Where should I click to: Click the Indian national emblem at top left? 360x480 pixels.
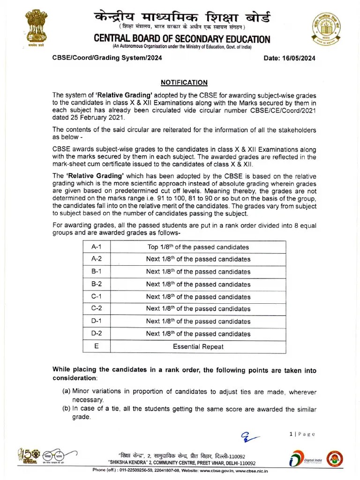36,29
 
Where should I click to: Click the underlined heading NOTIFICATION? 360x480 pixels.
184,82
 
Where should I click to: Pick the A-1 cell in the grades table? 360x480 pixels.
96,247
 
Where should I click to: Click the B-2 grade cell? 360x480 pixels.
96,284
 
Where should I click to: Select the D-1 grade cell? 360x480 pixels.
96,321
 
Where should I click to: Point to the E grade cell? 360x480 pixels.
96,346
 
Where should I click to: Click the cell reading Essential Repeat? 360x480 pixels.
198,347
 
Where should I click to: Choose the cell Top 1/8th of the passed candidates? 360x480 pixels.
198,247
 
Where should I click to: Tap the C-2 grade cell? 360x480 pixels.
96,309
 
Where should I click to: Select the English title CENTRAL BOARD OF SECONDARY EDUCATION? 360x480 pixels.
182,39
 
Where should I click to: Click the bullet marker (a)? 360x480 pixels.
67,392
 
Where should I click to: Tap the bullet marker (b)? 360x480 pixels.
67,409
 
